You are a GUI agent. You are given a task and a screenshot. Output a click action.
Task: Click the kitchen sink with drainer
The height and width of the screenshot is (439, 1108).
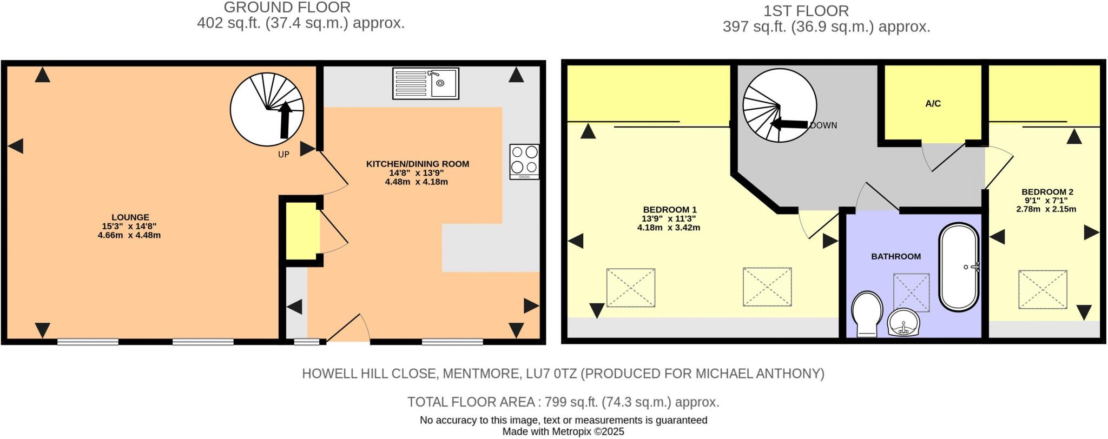click(426, 83)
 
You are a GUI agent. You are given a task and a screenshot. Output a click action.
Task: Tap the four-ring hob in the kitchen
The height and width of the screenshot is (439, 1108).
click(524, 161)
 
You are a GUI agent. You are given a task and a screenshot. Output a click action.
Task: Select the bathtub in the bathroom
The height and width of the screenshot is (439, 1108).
click(959, 267)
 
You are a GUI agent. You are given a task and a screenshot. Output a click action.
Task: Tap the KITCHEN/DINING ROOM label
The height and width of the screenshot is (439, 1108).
click(417, 164)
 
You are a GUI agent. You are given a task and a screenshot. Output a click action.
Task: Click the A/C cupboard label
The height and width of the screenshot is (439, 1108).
click(933, 104)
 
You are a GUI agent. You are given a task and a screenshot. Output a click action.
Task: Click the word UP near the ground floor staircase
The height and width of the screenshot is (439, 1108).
click(283, 155)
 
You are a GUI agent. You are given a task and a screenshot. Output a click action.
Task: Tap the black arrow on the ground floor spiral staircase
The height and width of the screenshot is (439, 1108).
click(285, 119)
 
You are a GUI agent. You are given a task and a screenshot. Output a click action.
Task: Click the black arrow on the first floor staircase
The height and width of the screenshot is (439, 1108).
click(789, 124)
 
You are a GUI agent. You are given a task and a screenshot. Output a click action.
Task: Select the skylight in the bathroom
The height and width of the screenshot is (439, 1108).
click(911, 292)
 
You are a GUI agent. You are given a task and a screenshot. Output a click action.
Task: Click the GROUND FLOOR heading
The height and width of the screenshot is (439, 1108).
click(287, 8)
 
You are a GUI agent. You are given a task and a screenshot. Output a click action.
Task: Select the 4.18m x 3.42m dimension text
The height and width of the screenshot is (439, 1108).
click(669, 228)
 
